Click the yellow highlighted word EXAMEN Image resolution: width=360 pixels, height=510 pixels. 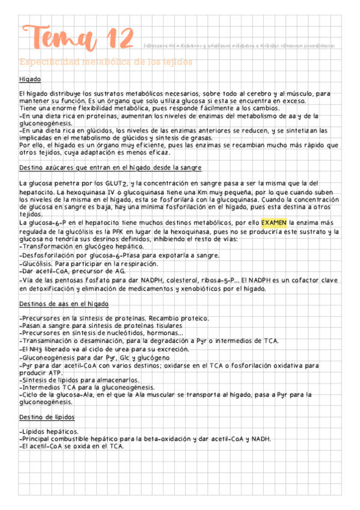coord(274,222)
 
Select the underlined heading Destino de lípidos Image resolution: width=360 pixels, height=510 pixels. coord(47,417)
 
